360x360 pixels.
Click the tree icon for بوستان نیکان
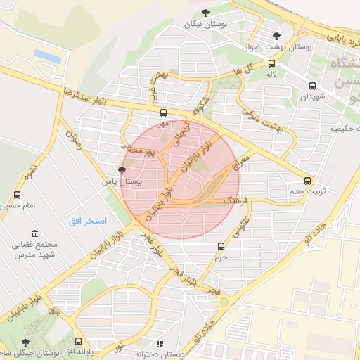click(x=205, y=13)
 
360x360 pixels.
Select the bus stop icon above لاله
click(x=271, y=63)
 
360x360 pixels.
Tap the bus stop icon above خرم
click(x=221, y=246)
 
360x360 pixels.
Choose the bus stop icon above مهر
click(x=164, y=112)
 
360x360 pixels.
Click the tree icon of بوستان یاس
click(x=122, y=170)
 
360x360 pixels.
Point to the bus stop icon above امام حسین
click(x=17, y=195)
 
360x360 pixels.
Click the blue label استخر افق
click(x=87, y=221)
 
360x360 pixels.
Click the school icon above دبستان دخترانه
click(x=160, y=344)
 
